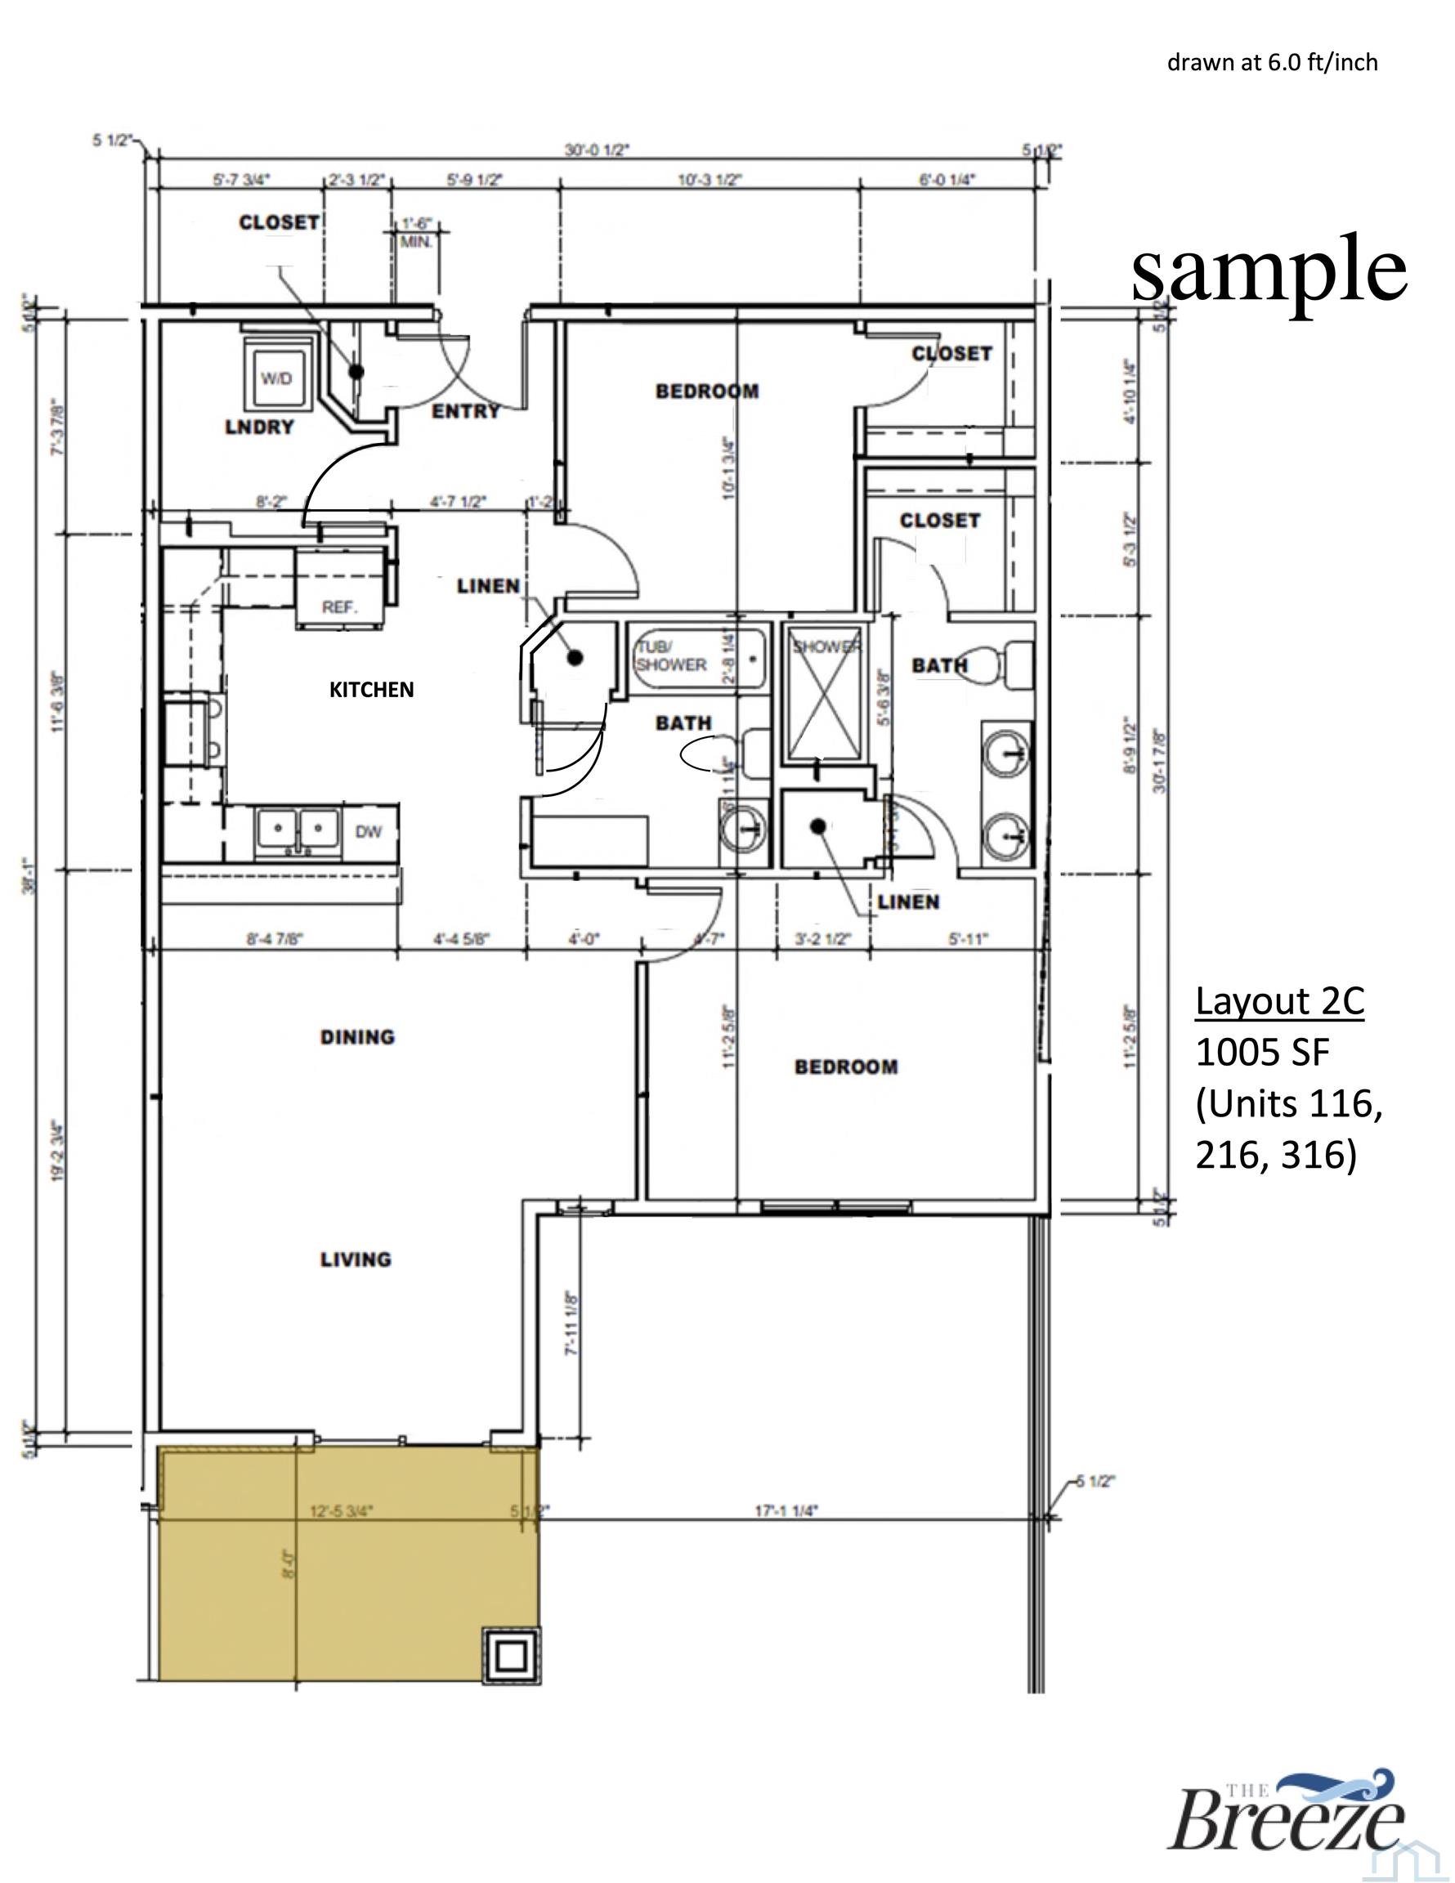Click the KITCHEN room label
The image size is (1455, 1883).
[371, 690]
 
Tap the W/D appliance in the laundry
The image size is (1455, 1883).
[276, 379]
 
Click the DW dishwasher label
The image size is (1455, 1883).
[369, 832]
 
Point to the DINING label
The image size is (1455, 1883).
[357, 1037]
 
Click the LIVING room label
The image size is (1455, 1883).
[356, 1259]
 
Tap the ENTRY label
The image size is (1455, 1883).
[466, 411]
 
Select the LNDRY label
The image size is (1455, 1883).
[260, 427]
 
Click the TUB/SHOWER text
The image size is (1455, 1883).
[671, 656]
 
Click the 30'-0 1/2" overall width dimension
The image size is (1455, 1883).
[597, 150]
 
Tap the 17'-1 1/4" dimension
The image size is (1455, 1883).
[786, 1510]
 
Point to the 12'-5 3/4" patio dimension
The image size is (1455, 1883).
[342, 1510]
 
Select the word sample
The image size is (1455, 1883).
[1269, 270]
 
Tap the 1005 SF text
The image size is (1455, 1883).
[1262, 1052]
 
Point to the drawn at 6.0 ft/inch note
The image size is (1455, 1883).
[1272, 63]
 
